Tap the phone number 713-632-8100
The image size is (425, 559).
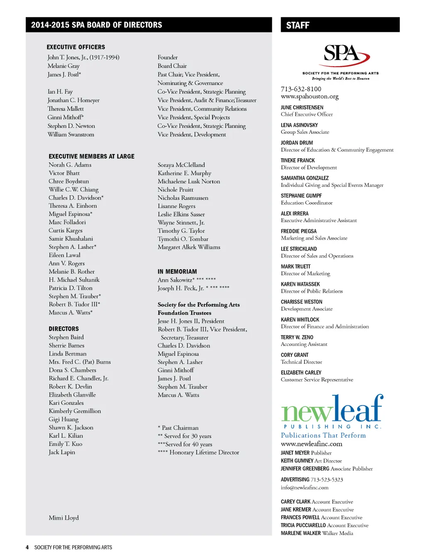tap(301, 89)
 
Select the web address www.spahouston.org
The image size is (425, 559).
tap(310, 97)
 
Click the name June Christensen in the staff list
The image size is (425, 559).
tap(302, 107)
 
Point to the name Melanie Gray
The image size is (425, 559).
tap(64, 66)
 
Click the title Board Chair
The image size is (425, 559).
tap(172, 66)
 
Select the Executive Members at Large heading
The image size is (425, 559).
tap(91, 156)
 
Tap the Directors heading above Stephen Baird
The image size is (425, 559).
tap(64, 329)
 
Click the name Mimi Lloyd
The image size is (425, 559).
tap(64, 518)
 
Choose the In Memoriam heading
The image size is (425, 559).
tap(177, 271)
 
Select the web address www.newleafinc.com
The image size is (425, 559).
tap(311, 444)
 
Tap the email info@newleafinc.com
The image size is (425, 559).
tap(304, 488)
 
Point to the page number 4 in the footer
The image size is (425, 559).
tap(27, 547)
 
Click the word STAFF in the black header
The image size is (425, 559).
tap(298, 25)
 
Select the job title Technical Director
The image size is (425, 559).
tap(301, 362)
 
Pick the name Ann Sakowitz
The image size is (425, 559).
tap(176, 280)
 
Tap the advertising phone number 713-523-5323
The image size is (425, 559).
tap(327, 480)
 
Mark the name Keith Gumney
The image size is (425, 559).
tap(297, 461)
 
